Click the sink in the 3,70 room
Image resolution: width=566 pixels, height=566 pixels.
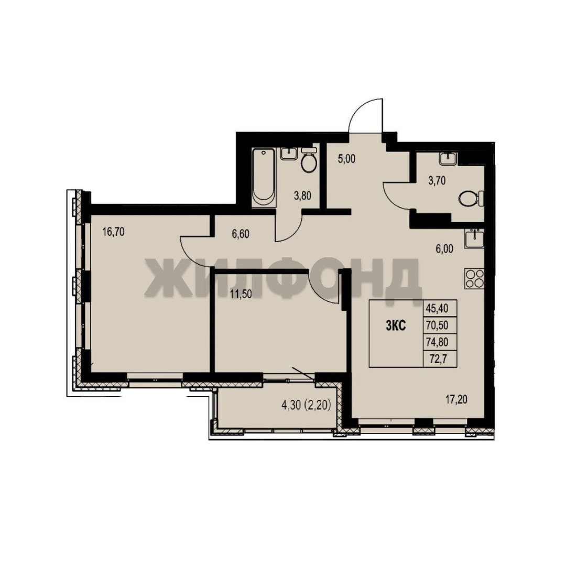(448, 158)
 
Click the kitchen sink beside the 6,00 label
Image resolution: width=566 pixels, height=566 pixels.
(474, 238)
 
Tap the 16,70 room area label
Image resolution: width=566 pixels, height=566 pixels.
(113, 232)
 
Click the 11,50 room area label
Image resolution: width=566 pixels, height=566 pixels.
(241, 294)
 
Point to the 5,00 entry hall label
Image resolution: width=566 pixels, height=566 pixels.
(347, 159)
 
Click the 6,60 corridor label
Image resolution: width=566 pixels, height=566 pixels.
(241, 234)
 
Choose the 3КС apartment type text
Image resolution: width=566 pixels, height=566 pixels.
(396, 326)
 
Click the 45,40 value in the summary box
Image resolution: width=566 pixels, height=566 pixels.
(437, 309)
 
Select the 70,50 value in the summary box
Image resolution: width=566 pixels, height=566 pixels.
(437, 325)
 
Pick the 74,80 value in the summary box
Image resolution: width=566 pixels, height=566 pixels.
(437, 341)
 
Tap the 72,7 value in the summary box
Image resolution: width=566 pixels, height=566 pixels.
(438, 359)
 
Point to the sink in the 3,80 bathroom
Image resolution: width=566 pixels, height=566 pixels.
(289, 154)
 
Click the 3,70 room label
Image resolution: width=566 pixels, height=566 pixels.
(437, 180)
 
